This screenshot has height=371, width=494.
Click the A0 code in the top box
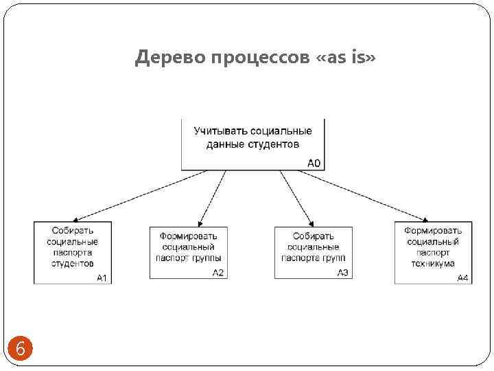tap(314, 164)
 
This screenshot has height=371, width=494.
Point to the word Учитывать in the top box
tap(220, 131)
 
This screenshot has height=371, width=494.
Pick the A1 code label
tap(103, 278)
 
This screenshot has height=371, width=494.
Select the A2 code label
tap(218, 273)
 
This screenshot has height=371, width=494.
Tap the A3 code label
tap(343, 273)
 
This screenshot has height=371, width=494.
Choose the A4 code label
tap(463, 278)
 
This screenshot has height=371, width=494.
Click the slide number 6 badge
tap(20, 349)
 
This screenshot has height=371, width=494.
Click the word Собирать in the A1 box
tap(73, 231)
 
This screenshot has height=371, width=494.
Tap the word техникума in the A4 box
tap(433, 263)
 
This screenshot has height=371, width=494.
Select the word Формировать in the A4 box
tap(433, 231)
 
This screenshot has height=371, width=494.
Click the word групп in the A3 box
tap(333, 258)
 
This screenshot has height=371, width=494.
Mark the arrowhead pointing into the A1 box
tap(76, 218)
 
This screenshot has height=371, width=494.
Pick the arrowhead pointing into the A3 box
tap(311, 223)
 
